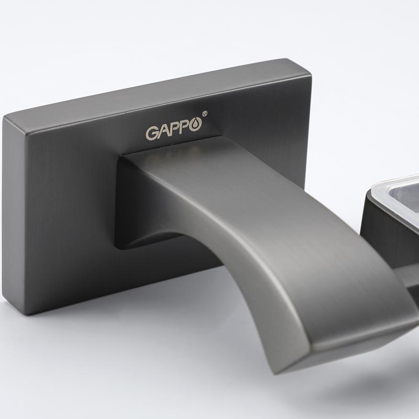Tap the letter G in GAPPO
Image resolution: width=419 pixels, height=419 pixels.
tap(151, 134)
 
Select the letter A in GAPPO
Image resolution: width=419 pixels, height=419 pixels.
tap(163, 132)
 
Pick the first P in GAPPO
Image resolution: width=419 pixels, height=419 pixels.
tap(174, 130)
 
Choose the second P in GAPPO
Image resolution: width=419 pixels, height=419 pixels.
tap(184, 129)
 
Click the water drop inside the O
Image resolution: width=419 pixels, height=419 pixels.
tap(195, 128)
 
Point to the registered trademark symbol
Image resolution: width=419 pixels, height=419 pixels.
tap(205, 114)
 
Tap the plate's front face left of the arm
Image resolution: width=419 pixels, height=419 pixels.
tap(63, 210)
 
